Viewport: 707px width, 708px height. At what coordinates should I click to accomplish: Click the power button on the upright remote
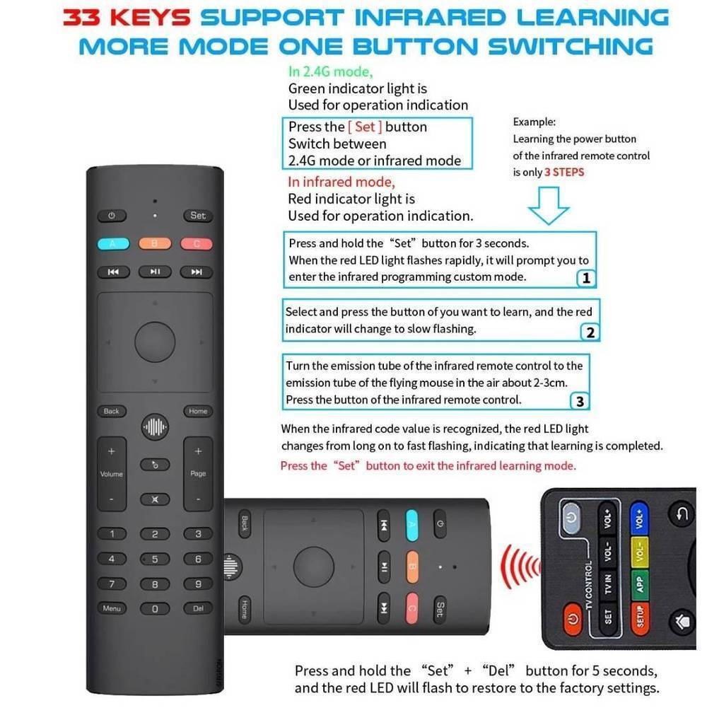[112, 216]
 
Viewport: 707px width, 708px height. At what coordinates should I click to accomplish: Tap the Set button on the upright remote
[198, 216]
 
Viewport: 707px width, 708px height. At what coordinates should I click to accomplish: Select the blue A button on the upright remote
[113, 244]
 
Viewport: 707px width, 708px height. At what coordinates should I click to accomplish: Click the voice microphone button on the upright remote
[155, 426]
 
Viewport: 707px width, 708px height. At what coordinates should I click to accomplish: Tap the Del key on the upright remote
[198, 608]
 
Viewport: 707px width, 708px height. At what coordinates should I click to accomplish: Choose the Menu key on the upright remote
[112, 608]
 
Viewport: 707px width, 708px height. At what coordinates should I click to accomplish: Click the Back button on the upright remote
[112, 412]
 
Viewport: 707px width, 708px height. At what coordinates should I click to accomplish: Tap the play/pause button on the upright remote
[155, 272]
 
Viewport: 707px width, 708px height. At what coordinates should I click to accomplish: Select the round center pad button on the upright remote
[155, 342]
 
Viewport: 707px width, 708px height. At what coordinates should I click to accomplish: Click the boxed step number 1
[586, 278]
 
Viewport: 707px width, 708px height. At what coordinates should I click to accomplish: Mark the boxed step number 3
[580, 401]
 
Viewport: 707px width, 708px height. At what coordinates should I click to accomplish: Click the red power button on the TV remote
[573, 618]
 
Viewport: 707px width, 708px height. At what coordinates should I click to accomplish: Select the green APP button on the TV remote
[639, 585]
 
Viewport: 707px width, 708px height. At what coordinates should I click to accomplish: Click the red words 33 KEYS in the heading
[127, 18]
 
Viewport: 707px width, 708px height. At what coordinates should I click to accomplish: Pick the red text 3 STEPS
[564, 172]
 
